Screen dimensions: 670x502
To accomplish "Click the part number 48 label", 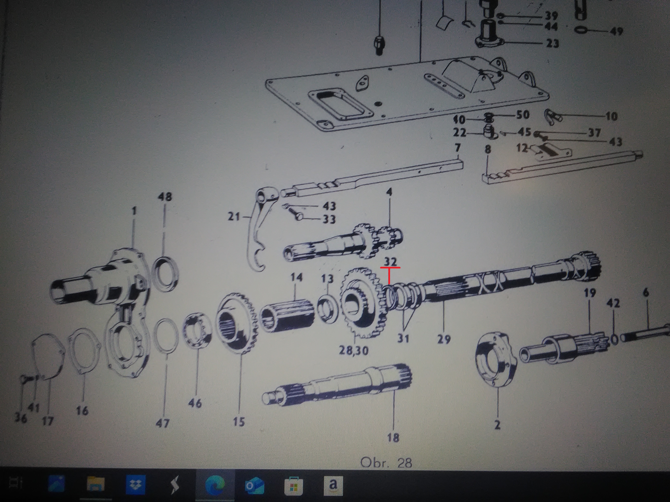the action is pyautogui.click(x=165, y=197).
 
